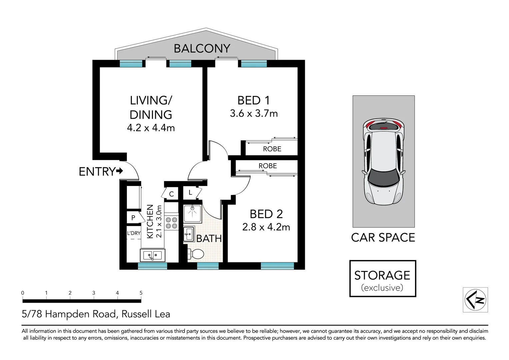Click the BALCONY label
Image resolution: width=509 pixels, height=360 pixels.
[x=202, y=49]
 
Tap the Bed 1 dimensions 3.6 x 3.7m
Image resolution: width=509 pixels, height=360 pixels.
[x=254, y=113]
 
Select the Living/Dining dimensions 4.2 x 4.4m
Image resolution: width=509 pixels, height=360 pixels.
[x=151, y=128]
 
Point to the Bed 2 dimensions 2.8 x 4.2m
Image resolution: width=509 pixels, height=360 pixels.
[x=266, y=227]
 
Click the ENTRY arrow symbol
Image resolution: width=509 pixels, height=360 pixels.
[x=120, y=171]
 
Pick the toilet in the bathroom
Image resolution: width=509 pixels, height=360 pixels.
[x=196, y=255]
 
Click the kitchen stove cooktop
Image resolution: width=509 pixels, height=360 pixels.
[x=172, y=223]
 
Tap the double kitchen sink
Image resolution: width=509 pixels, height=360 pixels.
[x=153, y=256]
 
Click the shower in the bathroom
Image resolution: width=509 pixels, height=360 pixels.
[x=192, y=214]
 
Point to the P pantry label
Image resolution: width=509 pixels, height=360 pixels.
[x=133, y=218]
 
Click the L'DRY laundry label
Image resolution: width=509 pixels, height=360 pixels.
[x=134, y=233]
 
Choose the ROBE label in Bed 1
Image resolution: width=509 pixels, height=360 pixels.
[x=272, y=149]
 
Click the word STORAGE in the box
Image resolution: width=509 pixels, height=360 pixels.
[x=382, y=275]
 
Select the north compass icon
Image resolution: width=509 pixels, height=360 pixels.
[x=475, y=300]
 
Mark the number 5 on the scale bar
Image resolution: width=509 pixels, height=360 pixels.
[x=141, y=293]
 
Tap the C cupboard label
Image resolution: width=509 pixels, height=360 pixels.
[x=171, y=194]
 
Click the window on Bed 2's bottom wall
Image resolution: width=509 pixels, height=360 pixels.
[x=277, y=266]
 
